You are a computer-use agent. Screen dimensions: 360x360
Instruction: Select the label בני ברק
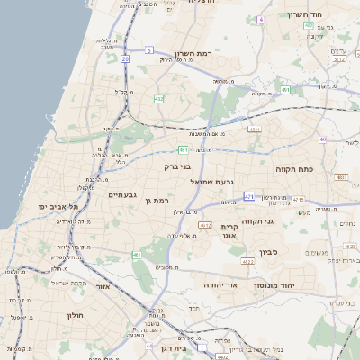click(x=178, y=166)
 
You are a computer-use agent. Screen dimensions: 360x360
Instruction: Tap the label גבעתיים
click(x=122, y=195)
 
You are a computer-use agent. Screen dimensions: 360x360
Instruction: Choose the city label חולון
click(x=75, y=315)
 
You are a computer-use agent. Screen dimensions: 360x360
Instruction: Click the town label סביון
click(x=269, y=252)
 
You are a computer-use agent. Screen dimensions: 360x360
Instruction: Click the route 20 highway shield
click(x=124, y=58)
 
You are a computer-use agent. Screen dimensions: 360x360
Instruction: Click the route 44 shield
click(x=148, y=345)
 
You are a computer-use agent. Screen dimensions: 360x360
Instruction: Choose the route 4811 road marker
click(x=255, y=130)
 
